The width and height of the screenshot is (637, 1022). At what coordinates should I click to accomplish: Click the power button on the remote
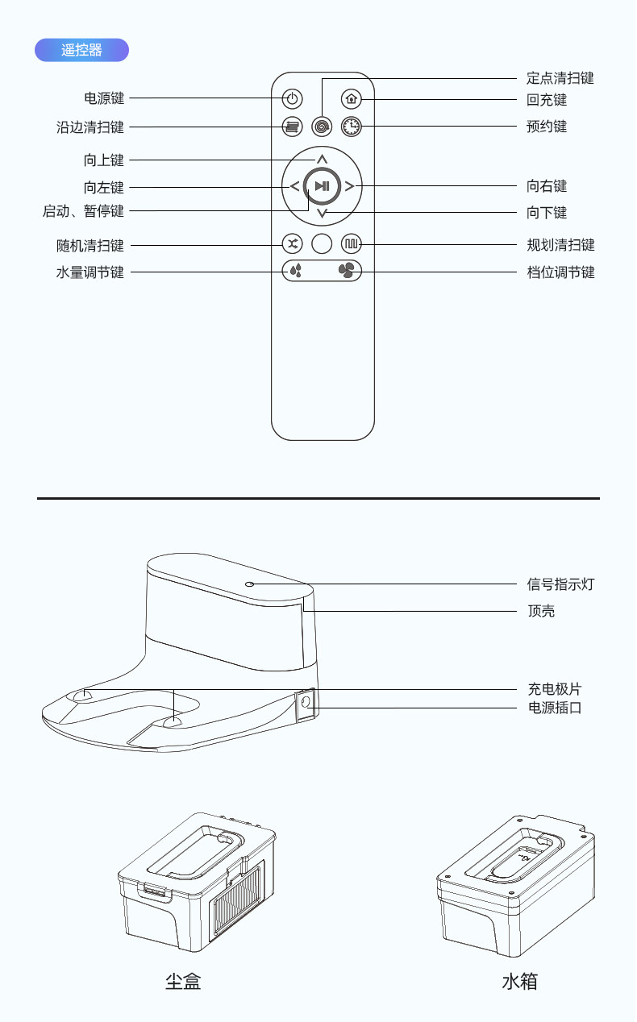293,99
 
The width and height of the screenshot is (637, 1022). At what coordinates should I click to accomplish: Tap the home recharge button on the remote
351,99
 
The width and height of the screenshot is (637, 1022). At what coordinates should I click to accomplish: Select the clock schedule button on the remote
352,127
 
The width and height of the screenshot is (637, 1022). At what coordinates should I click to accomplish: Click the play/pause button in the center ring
322,186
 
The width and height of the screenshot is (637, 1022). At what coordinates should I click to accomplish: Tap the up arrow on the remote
322,159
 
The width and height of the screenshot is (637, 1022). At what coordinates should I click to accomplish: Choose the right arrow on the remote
349,186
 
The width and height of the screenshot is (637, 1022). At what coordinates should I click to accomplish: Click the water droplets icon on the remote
296,271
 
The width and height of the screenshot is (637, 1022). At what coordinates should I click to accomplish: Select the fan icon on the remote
348,271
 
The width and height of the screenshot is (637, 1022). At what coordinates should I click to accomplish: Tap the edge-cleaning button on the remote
293,127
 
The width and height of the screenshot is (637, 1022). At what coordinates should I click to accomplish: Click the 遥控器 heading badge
81,50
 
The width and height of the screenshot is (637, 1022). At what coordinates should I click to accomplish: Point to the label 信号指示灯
560,584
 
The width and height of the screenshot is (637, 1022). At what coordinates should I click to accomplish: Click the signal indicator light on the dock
250,583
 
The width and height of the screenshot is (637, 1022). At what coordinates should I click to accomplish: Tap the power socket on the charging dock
306,703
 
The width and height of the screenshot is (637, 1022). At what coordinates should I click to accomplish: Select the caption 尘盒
183,981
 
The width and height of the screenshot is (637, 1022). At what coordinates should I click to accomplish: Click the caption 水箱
519,981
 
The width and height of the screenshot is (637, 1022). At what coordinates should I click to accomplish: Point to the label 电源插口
554,708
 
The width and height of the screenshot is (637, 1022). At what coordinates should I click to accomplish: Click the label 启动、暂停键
84,212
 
